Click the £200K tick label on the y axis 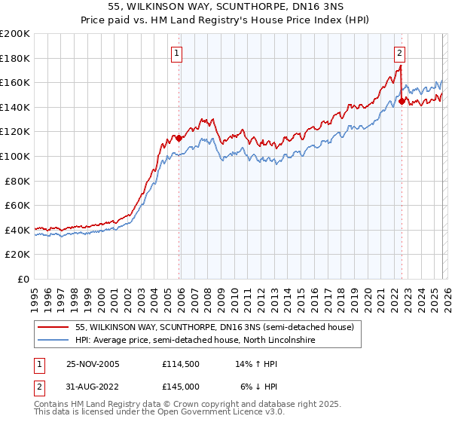point(15,34)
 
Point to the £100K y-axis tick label point(15,156)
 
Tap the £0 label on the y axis point(24,279)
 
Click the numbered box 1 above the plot point(176,53)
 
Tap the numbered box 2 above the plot point(399,53)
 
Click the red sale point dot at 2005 point(179,139)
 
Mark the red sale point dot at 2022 point(402,101)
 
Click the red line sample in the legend point(53,327)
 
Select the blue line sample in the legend point(53,341)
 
